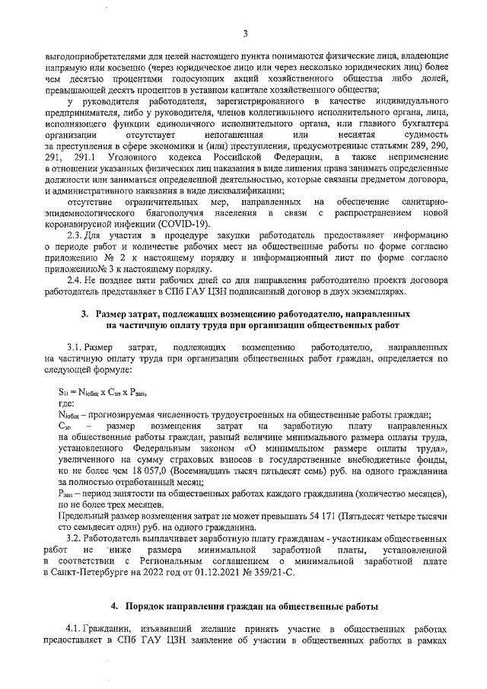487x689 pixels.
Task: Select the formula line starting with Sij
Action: pyautogui.click(x=101, y=392)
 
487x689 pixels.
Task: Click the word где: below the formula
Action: pyautogui.click(x=66, y=404)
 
